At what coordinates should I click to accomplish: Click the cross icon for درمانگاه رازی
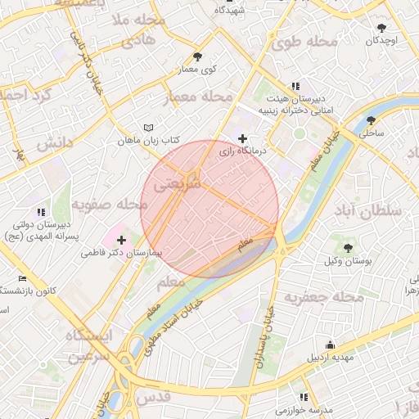click(x=242, y=139)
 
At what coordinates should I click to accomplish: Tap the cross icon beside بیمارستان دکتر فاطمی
click(x=122, y=240)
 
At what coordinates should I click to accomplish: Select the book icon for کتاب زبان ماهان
click(x=148, y=128)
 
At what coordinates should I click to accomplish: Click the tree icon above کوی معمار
click(x=197, y=56)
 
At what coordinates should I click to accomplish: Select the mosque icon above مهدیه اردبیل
click(x=329, y=345)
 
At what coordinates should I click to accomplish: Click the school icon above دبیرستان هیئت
click(x=295, y=85)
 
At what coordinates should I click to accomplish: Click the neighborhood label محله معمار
click(x=199, y=98)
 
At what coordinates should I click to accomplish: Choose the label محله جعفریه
click(x=321, y=297)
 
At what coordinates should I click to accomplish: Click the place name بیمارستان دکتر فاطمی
click(x=122, y=254)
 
